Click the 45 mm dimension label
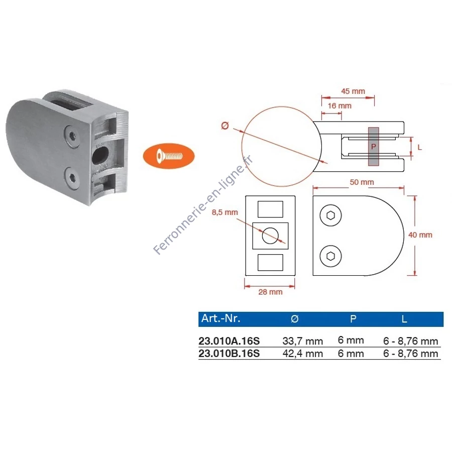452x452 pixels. pos(353,91)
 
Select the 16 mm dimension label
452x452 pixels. pos(340,106)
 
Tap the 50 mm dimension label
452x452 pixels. pos(362,182)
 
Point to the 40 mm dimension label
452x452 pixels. pos(420,235)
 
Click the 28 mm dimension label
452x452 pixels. pos(270,292)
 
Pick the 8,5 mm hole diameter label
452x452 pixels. pos(225,212)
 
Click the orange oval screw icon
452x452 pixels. pos(169,156)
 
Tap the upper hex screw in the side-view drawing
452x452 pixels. pos(330,215)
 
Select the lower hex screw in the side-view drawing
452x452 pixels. pos(330,256)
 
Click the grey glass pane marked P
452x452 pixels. pos(373,147)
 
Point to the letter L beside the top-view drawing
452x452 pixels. pos(420,147)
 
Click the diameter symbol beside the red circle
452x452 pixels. pos(225,126)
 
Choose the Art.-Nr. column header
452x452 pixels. pos(221,318)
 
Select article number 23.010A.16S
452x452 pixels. pos(229,341)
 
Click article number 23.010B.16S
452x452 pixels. pos(229,354)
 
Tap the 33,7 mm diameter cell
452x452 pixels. pos(303,342)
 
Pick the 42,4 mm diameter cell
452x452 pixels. pos(303,354)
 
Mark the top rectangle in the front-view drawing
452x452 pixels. pos(270,209)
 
